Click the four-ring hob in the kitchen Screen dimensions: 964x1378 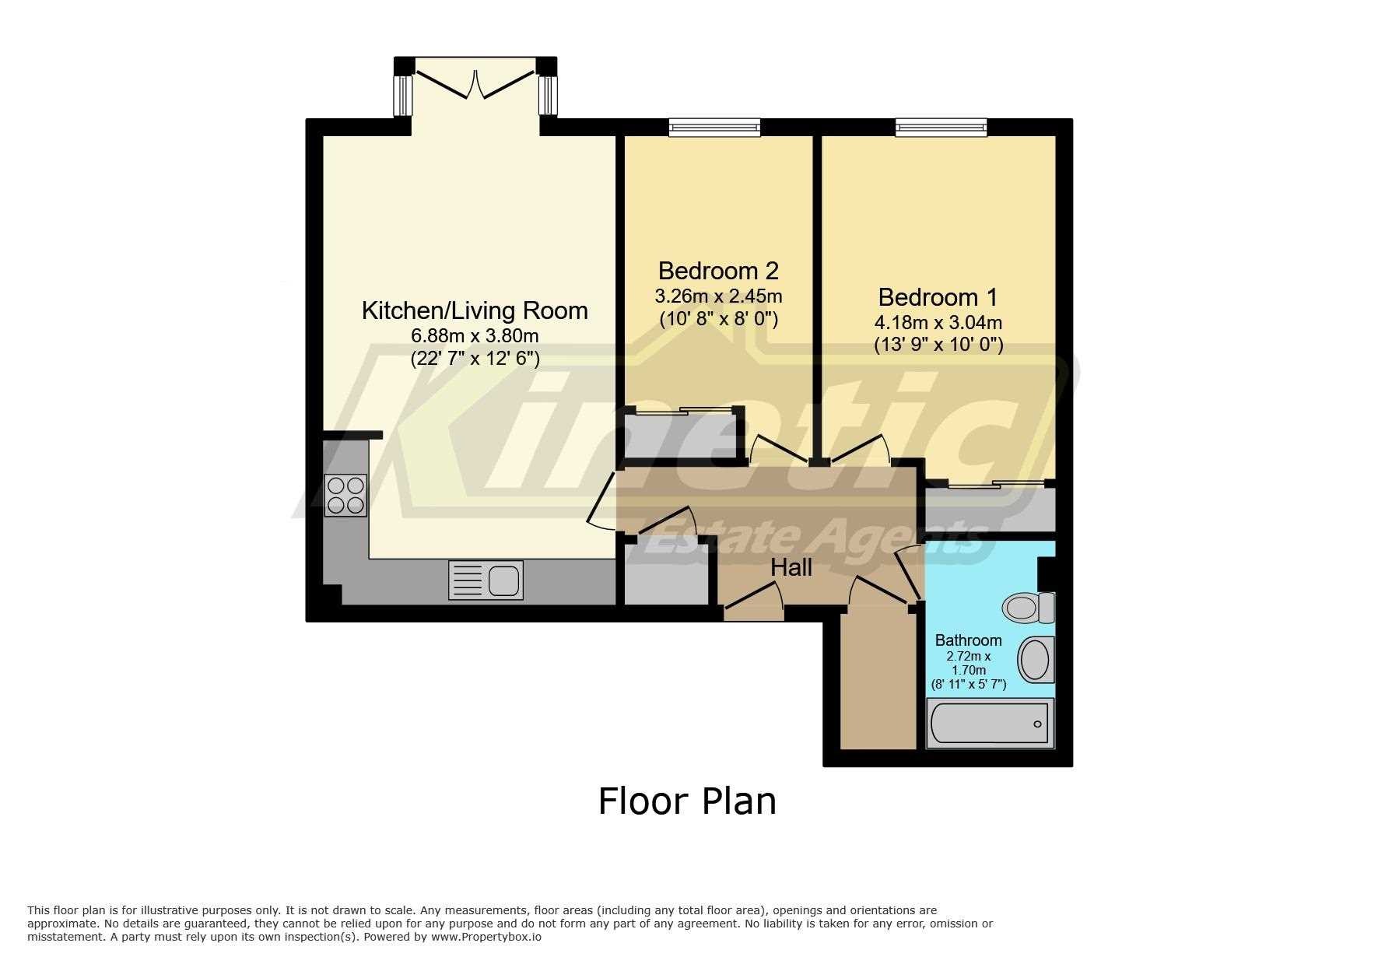tap(346, 495)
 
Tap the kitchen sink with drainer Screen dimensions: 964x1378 tap(486, 580)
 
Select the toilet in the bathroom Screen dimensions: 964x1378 tap(1027, 608)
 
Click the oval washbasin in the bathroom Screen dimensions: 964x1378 tap(1036, 658)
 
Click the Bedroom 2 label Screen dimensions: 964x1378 tap(718, 271)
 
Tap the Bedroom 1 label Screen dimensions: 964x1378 tap(938, 297)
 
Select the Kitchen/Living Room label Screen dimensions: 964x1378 tap(475, 310)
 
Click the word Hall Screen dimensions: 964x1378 tap(791, 568)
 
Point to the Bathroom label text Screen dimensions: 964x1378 tap(968, 640)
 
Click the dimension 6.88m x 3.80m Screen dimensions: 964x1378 tap(475, 336)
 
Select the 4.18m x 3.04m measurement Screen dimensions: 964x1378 tap(938, 322)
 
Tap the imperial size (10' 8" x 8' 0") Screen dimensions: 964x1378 tap(718, 319)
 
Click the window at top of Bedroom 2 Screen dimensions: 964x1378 tap(714, 127)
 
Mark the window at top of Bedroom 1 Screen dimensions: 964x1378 tap(941, 127)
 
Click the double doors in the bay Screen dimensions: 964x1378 tap(475, 82)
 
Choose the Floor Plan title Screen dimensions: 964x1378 tap(687, 801)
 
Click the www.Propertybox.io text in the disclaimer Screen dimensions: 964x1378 tap(486, 937)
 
